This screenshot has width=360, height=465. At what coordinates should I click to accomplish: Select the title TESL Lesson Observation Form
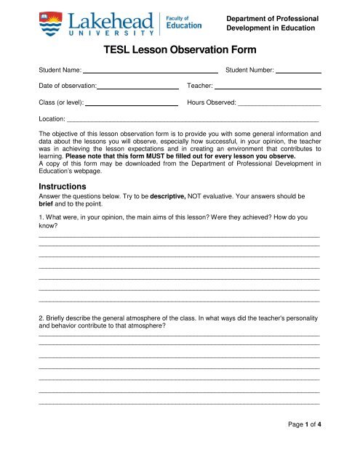pos(179,53)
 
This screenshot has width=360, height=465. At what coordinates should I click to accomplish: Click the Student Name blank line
pos(151,73)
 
